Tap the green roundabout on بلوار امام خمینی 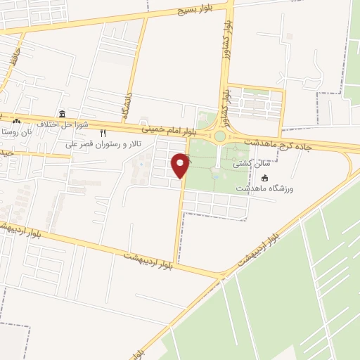220,136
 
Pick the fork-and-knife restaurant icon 103,133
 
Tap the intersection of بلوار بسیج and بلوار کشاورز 231,5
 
